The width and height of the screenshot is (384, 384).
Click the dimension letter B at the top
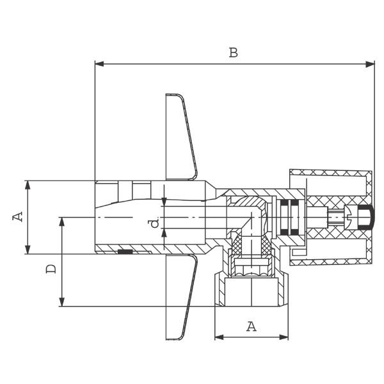[233, 52]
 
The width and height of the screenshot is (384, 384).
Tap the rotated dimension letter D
[51, 269]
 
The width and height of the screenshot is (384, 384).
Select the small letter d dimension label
[155, 223]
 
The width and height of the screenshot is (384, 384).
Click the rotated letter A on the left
[18, 217]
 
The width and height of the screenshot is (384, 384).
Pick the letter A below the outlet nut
[252, 326]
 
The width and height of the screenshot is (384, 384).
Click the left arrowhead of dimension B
[99, 64]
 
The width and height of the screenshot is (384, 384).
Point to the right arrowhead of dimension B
[370, 64]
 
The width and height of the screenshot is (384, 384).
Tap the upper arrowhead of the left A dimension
[28, 185]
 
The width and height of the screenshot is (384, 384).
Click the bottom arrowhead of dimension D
[62, 301]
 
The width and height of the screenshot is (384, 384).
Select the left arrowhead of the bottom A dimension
[219, 337]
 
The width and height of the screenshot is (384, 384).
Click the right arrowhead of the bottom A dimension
[284, 337]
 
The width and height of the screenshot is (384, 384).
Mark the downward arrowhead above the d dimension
[164, 202]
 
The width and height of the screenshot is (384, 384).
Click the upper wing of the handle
[181, 137]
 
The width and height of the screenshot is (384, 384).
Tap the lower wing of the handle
[180, 297]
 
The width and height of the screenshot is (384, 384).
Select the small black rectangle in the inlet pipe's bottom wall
[125, 252]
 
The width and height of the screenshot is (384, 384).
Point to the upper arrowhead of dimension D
[62, 221]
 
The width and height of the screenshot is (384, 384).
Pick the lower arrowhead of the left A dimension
[28, 250]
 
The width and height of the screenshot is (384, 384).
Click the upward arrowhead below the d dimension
[164, 233]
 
